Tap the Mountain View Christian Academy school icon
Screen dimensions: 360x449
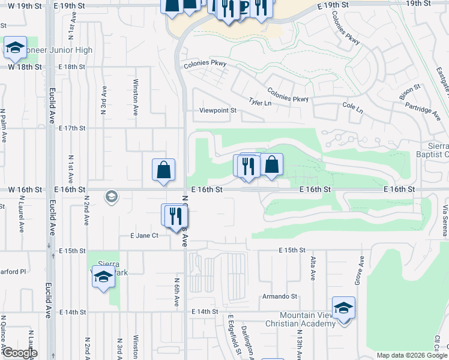pyautogui.click(x=343, y=308)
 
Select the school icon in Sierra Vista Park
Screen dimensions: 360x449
pyautogui.click(x=103, y=278)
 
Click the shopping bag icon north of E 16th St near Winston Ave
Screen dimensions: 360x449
pyautogui.click(x=163, y=170)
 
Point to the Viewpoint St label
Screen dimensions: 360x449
pyautogui.click(x=218, y=110)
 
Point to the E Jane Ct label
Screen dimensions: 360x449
pyautogui.click(x=144, y=236)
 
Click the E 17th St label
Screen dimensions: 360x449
pyautogui.click(x=73, y=128)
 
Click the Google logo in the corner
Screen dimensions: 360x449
pyautogui.click(x=19, y=353)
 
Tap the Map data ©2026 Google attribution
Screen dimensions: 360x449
pyautogui.click(x=411, y=355)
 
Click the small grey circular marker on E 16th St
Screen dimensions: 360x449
pyautogui.click(x=110, y=196)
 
